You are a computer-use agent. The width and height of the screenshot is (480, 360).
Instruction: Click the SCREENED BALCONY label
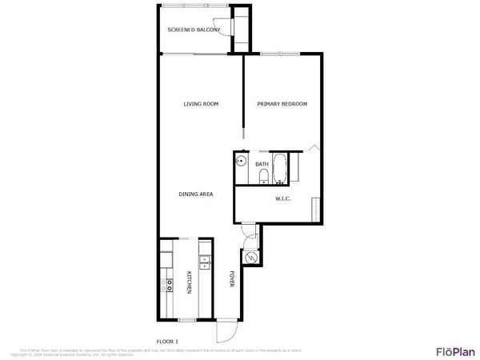[x=194, y=30]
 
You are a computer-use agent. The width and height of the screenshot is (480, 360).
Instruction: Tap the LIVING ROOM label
[x=201, y=104]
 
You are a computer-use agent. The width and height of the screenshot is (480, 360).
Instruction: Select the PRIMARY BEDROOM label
[x=282, y=104]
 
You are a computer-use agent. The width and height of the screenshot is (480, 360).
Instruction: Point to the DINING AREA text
[x=195, y=194]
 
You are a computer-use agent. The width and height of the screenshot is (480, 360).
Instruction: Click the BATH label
[x=262, y=165]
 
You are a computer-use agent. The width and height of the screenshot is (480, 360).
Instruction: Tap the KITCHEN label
[x=190, y=282]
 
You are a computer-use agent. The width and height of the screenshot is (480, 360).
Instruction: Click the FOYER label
[x=232, y=280]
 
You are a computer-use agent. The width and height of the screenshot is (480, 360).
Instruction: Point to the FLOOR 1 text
[x=167, y=342]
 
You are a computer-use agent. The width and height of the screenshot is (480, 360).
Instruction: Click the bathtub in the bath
[x=279, y=168]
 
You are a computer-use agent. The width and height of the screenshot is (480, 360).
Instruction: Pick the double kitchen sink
[x=204, y=260]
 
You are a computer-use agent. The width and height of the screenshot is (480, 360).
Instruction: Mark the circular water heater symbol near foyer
[x=251, y=258]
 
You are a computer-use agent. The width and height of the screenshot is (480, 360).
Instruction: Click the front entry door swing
[x=228, y=331]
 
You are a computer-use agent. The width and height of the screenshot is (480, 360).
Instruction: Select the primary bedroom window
[x=280, y=54]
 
